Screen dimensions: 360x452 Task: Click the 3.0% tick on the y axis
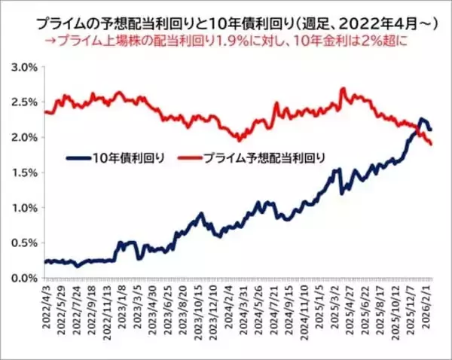(x=23, y=67)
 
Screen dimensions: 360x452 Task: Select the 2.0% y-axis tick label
(x=23, y=137)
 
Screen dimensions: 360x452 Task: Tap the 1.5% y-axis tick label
(x=23, y=172)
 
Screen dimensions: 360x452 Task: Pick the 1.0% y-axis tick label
(x=23, y=207)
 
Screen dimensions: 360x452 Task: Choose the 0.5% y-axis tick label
(x=23, y=243)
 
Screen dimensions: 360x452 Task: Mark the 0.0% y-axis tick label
(x=23, y=277)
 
